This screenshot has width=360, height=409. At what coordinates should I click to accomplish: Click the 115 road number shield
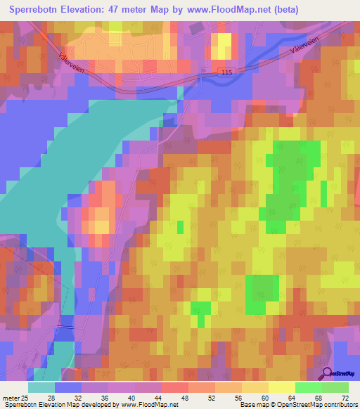point(226,72)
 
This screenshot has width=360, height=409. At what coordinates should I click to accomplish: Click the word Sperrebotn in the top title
point(37,10)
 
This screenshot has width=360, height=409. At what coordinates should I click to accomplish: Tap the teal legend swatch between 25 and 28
point(41,387)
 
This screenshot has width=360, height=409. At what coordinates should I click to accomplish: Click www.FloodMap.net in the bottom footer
point(149,405)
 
